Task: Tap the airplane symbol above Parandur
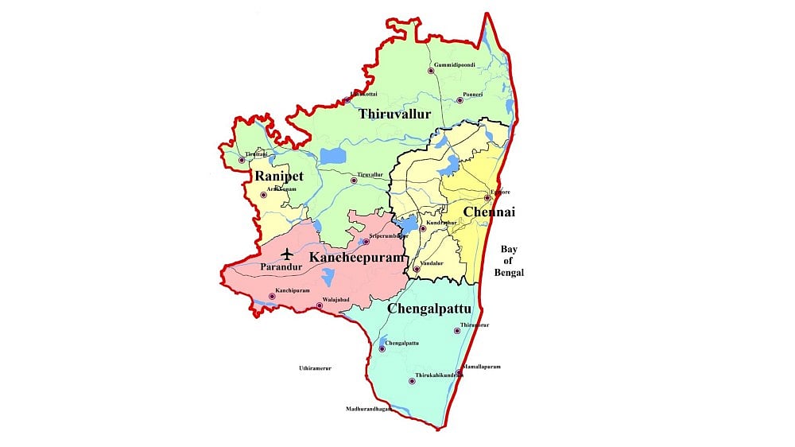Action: (x=286, y=255)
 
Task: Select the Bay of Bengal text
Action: (x=512, y=261)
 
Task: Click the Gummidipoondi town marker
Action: (x=431, y=71)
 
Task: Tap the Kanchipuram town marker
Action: (x=272, y=297)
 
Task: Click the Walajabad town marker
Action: (x=320, y=305)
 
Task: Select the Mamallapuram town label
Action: (x=482, y=367)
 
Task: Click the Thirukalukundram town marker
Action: (x=412, y=381)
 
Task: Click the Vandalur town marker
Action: (x=416, y=269)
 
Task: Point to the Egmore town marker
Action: (x=488, y=198)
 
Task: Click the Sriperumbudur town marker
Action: (x=366, y=241)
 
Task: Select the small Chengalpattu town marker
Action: (x=382, y=349)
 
